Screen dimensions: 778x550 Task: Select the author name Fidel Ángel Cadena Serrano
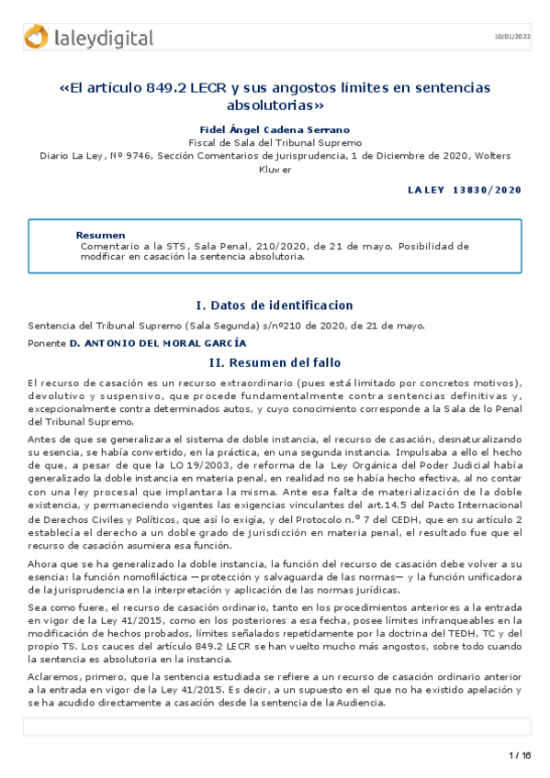[x=275, y=130]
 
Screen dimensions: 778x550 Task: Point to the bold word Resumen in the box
[x=100, y=236]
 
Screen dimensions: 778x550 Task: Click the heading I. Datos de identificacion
[x=275, y=306]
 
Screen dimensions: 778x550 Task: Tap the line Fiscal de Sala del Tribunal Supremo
[x=275, y=143]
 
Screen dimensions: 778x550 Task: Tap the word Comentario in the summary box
[x=109, y=246]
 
